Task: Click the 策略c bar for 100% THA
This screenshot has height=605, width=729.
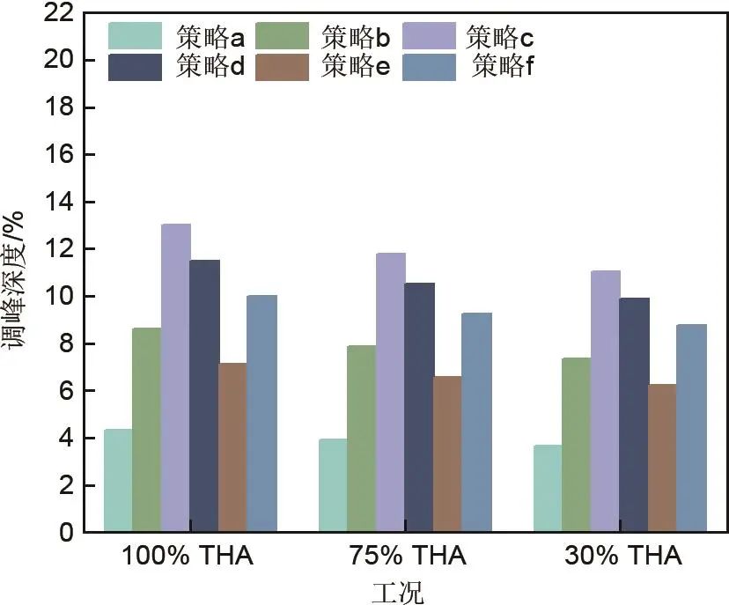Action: click(176, 379)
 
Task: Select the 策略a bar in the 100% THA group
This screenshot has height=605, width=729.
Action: click(118, 481)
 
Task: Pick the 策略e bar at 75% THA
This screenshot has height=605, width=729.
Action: click(448, 454)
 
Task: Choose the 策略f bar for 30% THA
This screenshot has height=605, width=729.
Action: click(692, 428)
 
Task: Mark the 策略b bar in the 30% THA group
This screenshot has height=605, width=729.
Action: click(576, 445)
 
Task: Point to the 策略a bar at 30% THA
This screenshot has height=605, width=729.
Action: click(548, 489)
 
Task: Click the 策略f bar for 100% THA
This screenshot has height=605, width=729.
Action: click(262, 414)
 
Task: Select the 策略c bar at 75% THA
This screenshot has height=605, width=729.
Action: click(391, 393)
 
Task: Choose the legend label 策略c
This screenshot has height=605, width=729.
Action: click(500, 37)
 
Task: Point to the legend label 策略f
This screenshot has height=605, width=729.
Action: click(504, 67)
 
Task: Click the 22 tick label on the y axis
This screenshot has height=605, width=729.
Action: click(59, 13)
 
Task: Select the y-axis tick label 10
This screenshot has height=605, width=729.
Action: click(59, 297)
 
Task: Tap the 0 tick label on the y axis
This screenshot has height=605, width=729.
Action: click(66, 533)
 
